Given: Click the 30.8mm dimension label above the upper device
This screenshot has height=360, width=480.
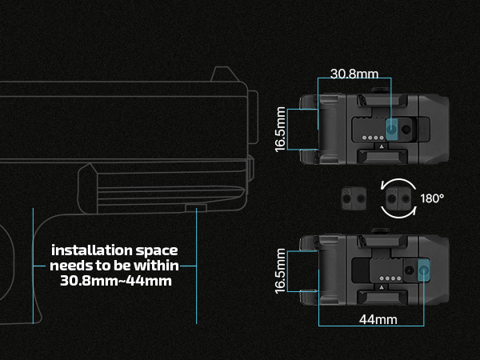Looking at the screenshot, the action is point(354,74).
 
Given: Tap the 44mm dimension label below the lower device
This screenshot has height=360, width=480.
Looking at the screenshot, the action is point(378,319).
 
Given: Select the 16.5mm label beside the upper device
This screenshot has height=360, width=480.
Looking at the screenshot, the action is point(281,130).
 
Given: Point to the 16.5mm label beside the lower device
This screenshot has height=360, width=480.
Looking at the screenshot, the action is point(281,271).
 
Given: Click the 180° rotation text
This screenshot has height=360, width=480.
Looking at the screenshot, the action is point(432,198).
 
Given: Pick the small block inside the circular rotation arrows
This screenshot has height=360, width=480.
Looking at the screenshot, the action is point(398,198).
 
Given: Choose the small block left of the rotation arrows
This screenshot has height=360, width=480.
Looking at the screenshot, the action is point(354,198).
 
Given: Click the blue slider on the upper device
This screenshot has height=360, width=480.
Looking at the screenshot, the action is point(391,129).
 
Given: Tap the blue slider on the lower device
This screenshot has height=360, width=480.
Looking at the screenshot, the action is point(424,270).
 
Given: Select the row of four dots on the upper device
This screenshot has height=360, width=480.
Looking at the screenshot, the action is point(373,138).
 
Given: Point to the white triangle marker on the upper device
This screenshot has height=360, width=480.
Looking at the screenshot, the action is point(382,146).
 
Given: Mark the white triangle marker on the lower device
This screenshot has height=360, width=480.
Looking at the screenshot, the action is point(382,287).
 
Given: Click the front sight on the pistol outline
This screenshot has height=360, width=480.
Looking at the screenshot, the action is point(225,74).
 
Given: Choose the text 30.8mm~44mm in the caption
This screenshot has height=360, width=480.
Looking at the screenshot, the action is point(116,281).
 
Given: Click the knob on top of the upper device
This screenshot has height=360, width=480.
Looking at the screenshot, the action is point(380,90).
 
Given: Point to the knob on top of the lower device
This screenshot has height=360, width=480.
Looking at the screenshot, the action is point(380,231).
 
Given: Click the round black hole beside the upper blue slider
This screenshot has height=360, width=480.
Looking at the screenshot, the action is point(406,129).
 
